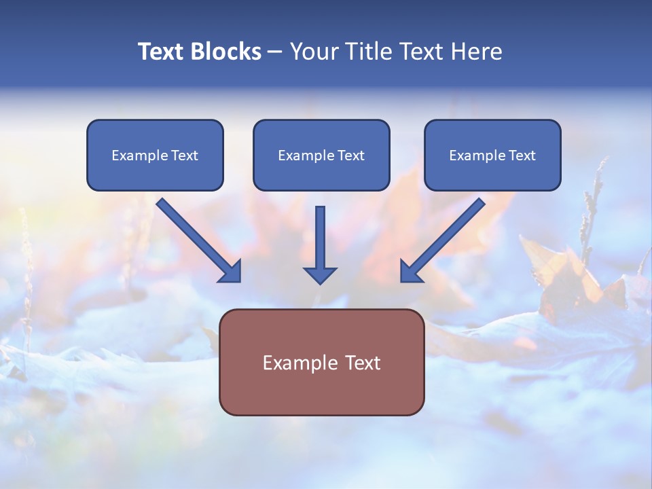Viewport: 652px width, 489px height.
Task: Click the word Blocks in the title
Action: click(225, 52)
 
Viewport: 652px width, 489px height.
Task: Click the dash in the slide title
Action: click(274, 52)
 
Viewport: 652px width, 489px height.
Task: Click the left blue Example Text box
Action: click(155, 155)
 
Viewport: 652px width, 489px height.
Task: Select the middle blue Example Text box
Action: click(321, 155)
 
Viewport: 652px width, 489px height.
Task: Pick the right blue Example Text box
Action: click(492, 155)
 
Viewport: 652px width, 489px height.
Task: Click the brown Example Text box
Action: click(321, 362)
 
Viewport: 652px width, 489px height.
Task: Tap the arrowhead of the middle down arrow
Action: click(320, 274)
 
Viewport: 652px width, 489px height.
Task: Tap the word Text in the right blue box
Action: click(522, 156)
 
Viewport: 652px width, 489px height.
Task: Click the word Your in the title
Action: click(313, 52)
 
